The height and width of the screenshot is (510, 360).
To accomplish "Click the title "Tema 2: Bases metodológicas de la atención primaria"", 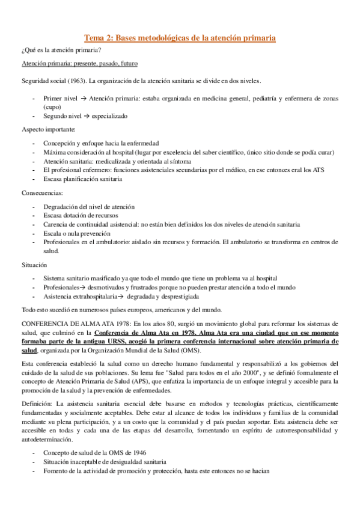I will (x=180, y=38).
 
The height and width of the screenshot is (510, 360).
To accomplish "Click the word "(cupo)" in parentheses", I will (x=52, y=107).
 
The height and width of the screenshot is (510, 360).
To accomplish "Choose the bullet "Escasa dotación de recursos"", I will (x=81, y=215).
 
